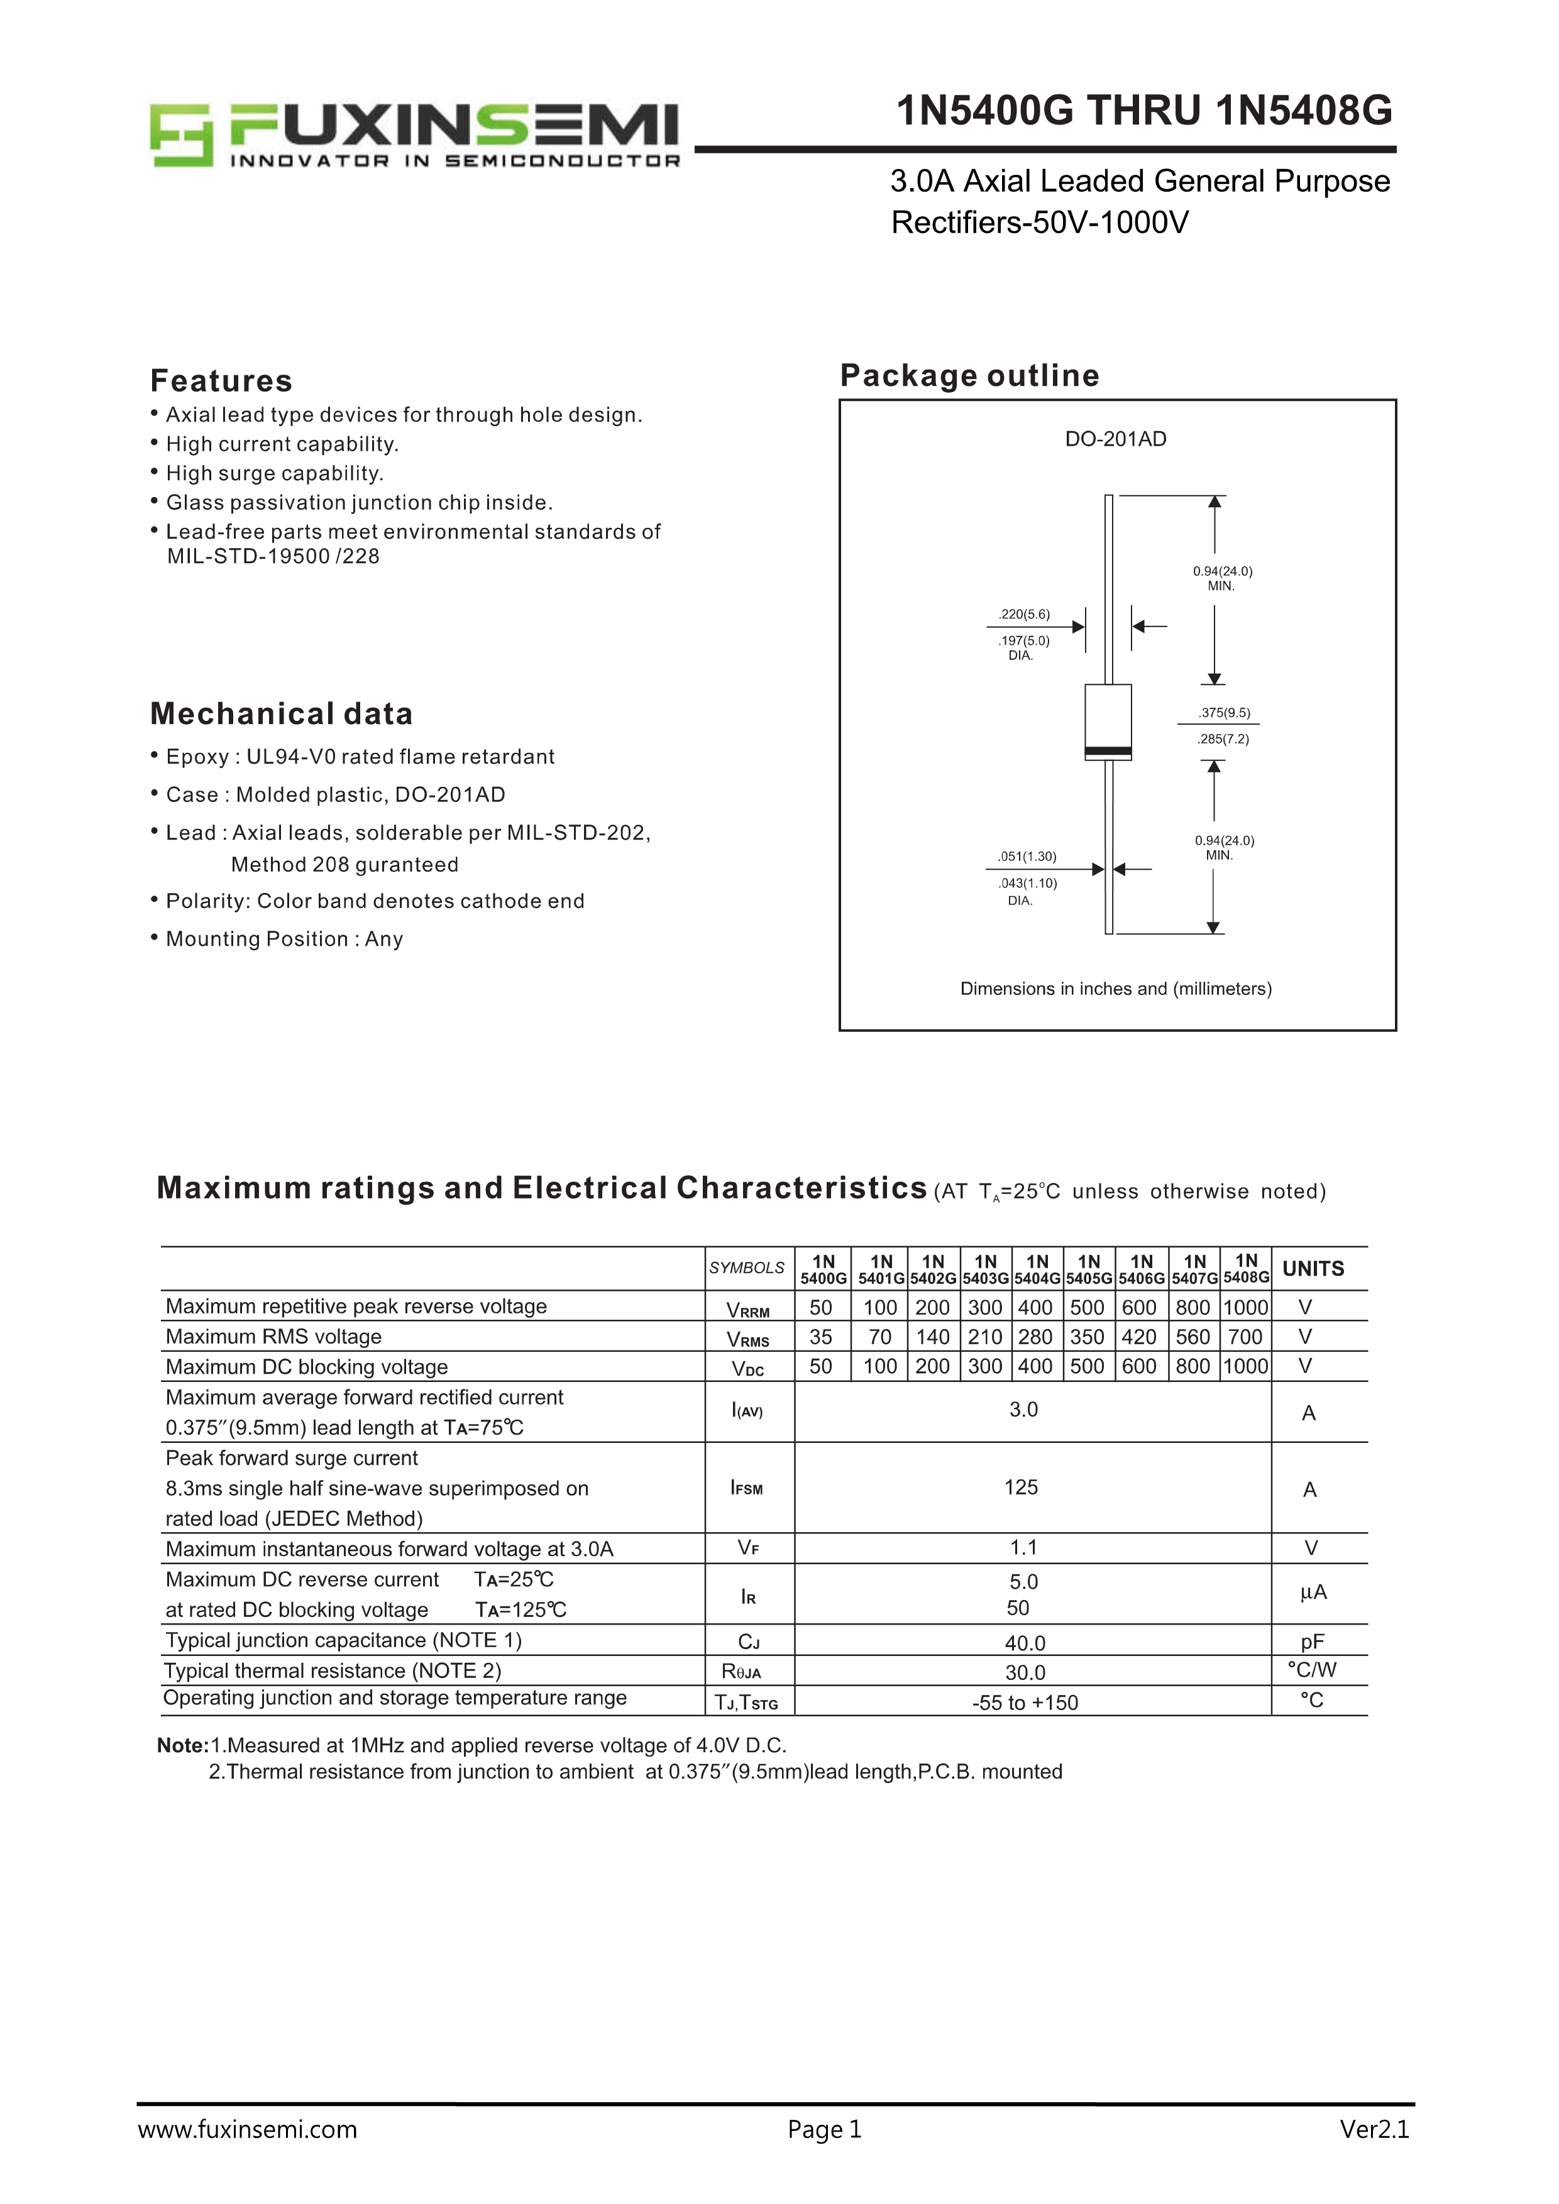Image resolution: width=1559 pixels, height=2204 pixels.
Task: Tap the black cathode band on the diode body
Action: (1108, 750)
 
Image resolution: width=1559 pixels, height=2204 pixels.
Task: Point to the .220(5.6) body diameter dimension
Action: (1024, 615)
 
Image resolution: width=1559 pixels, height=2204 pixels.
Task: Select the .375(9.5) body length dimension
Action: (1224, 713)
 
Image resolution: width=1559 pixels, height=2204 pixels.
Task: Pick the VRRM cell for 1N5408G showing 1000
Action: (1245, 1307)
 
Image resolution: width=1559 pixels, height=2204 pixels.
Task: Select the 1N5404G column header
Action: (1037, 1269)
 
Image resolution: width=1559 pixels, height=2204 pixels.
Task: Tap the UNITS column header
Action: (1313, 1269)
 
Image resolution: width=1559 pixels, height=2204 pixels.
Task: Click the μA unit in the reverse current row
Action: (1313, 1593)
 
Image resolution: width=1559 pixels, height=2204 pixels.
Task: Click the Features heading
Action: (221, 381)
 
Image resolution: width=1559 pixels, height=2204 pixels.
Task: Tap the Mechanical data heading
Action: (281, 714)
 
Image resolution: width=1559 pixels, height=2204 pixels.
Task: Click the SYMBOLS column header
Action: (747, 1268)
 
